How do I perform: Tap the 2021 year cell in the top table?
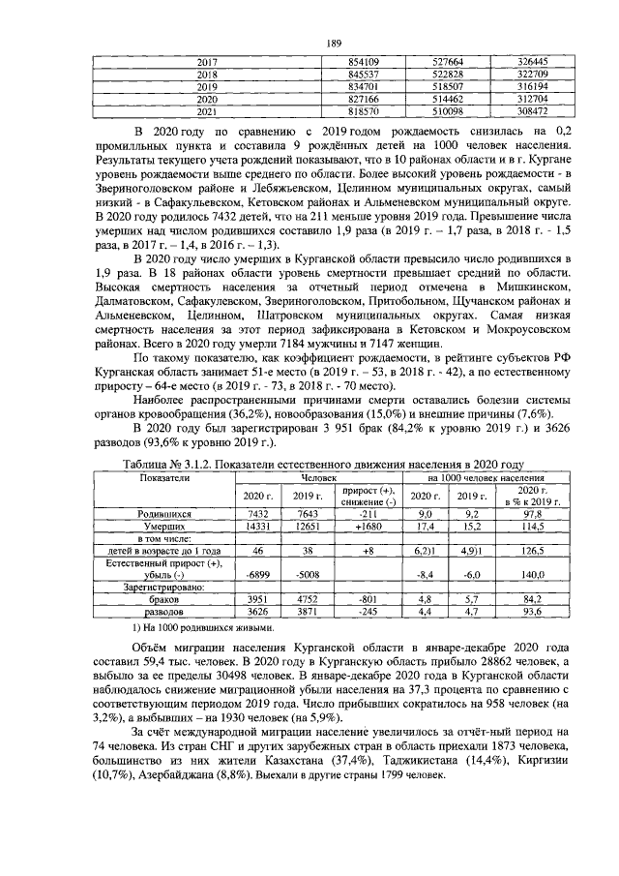click(x=207, y=111)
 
